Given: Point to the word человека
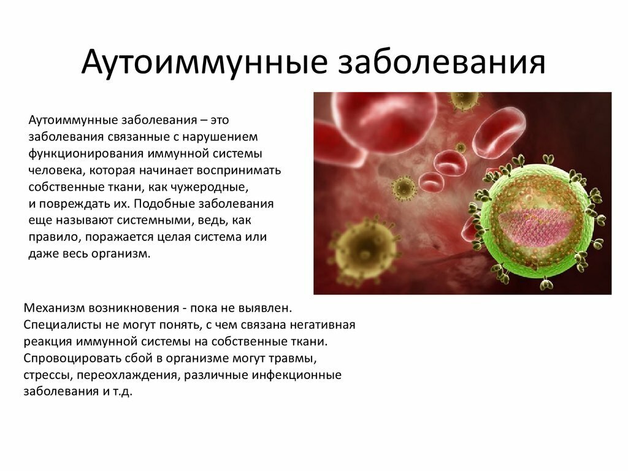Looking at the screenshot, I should [52, 169].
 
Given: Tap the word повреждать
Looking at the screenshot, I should [70, 203].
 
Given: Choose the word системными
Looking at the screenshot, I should [158, 220].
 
